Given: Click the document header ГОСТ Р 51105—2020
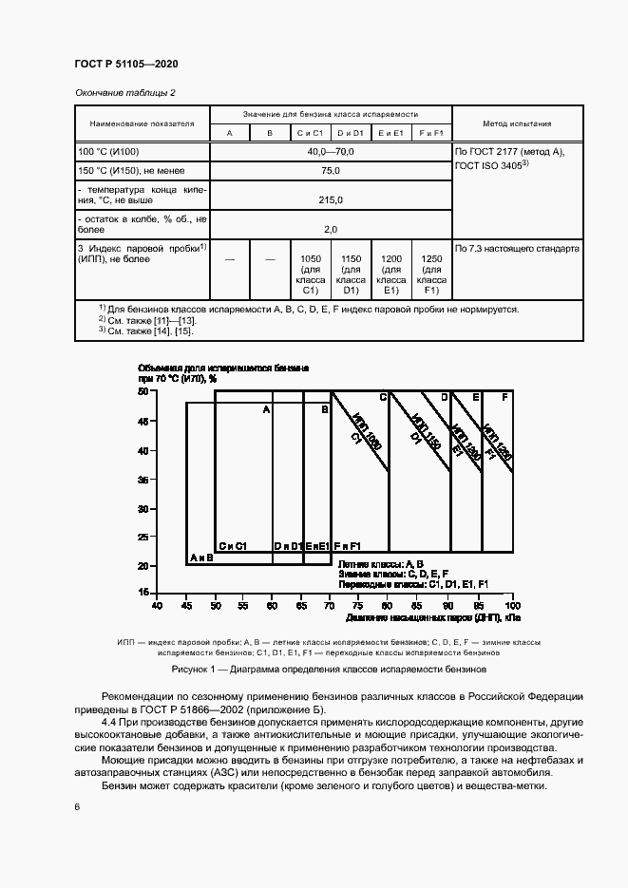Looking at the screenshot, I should point(126,64).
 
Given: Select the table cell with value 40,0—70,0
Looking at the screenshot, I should point(330,152).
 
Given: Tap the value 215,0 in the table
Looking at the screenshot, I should point(330,200).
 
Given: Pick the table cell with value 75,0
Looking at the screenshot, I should point(330,171).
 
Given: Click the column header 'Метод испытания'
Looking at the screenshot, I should point(517,123).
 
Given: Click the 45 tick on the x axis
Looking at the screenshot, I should point(186,605).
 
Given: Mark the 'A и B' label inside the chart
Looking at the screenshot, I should point(201,558).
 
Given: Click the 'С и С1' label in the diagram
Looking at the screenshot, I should point(233,546).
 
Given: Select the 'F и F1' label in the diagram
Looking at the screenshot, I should point(348,546).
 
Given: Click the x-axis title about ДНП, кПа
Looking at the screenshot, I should point(433,617).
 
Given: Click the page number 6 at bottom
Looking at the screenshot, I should point(78,806).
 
